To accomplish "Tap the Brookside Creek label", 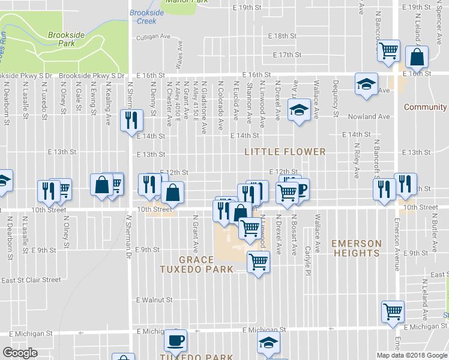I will tap(143, 17).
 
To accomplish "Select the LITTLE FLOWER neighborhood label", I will tap(285, 152).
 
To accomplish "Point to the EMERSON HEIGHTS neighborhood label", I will tap(357, 248).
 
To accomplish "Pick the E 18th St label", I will tap(282, 36).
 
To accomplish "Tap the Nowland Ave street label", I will tap(372, 117).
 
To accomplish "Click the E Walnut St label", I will tap(154, 299).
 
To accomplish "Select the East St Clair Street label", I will tap(31, 280).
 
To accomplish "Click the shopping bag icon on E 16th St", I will tap(416, 58).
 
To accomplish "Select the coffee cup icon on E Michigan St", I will tap(176, 340).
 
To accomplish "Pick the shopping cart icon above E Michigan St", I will tap(393, 310).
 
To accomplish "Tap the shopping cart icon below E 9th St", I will tap(258, 261).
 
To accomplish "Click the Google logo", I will tap(20, 353).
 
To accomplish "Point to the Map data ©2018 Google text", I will tap(412, 355).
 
